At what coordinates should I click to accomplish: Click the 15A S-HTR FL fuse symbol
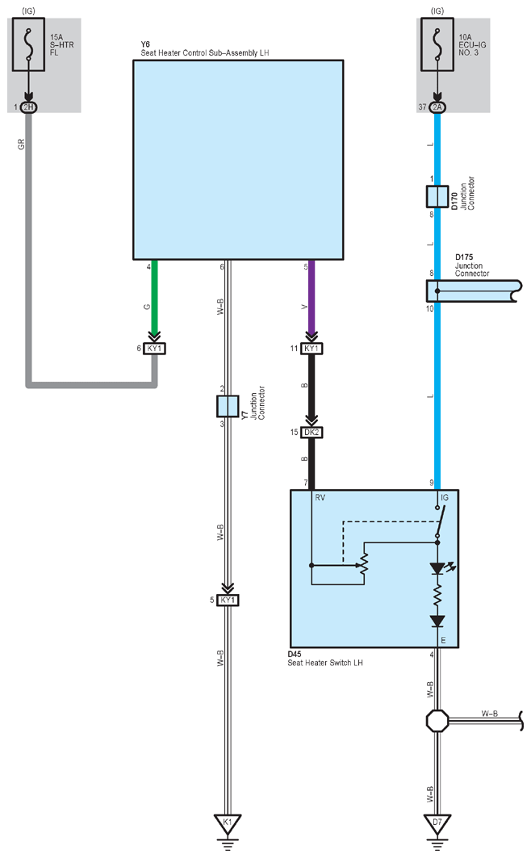tap(28, 44)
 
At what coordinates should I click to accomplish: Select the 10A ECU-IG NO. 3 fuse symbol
tap(437, 44)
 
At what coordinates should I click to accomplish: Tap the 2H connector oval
tap(28, 107)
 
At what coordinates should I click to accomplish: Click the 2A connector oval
tap(437, 107)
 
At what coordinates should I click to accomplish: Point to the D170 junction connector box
tap(437, 196)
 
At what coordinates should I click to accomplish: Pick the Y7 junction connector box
tap(228, 407)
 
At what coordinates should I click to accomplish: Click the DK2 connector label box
tap(311, 433)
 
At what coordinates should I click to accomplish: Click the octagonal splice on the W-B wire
tap(437, 722)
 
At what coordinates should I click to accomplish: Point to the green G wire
tap(155, 298)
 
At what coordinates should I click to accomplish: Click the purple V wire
tap(311, 298)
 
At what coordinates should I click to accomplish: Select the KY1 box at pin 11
tap(311, 349)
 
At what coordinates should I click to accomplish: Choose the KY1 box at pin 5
tap(228, 601)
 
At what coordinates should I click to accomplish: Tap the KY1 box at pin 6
tap(155, 349)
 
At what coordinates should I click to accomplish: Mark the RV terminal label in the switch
tap(320, 498)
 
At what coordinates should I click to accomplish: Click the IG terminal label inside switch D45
tap(445, 498)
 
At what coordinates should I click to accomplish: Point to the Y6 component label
tap(145, 44)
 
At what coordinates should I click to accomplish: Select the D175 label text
tap(464, 257)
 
